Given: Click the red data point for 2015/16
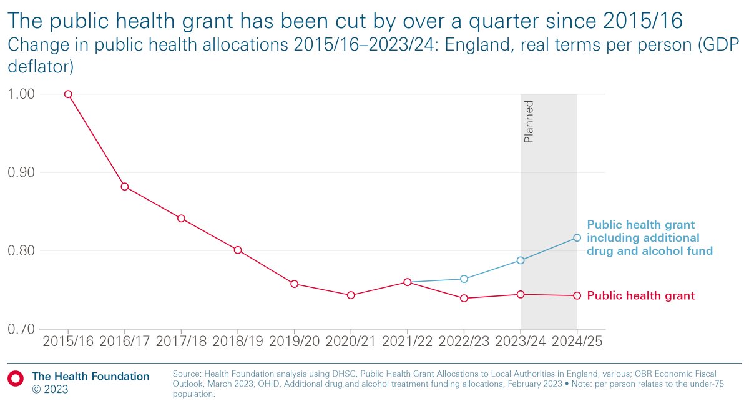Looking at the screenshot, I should pyautogui.click(x=68, y=94).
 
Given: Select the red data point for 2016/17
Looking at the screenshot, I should pyautogui.click(x=125, y=187).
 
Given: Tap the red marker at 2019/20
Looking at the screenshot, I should pyautogui.click(x=294, y=284).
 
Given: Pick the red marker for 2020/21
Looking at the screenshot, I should pyautogui.click(x=351, y=295).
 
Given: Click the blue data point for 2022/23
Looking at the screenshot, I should pyautogui.click(x=464, y=279).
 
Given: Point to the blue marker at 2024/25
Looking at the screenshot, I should pyautogui.click(x=577, y=238).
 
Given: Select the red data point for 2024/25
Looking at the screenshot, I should pyautogui.click(x=577, y=295).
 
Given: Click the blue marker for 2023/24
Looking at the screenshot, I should pyautogui.click(x=521, y=260).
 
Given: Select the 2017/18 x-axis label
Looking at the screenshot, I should pyautogui.click(x=181, y=342).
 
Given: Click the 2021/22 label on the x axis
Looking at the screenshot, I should pyautogui.click(x=407, y=342).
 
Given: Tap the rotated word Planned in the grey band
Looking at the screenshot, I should pyautogui.click(x=529, y=121).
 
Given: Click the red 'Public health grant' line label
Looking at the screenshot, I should pyautogui.click(x=640, y=296).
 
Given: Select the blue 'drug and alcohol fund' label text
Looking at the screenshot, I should pyautogui.click(x=649, y=251).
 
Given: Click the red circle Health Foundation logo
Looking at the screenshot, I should pyautogui.click(x=16, y=377).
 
